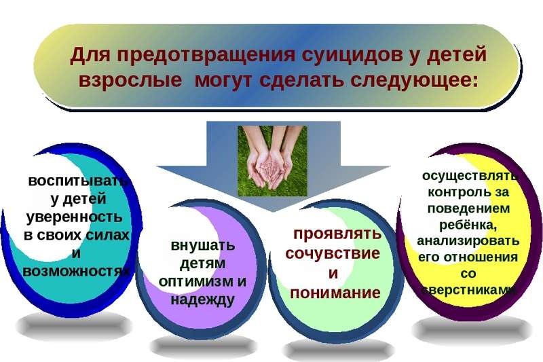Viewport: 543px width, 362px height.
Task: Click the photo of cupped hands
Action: coord(272,161)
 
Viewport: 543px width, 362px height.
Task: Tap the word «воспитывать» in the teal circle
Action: coord(78,181)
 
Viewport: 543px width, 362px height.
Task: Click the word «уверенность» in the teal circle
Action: coord(75,217)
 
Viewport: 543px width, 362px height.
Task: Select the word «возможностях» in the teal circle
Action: coord(76,271)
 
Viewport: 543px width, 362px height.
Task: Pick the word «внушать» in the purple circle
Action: coord(203,246)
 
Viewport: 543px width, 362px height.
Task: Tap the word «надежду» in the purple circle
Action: coord(202,300)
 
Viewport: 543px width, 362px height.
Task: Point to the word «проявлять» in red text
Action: coord(337,234)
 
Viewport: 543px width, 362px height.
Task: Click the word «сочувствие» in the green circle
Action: coord(333,253)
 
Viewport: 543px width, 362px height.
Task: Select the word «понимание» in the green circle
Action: coord(335,293)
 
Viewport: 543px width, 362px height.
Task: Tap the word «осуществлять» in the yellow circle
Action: coord(469,176)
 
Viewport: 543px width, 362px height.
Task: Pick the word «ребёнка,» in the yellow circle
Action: coord(468,225)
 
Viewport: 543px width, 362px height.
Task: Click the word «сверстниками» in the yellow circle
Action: coord(468,290)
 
